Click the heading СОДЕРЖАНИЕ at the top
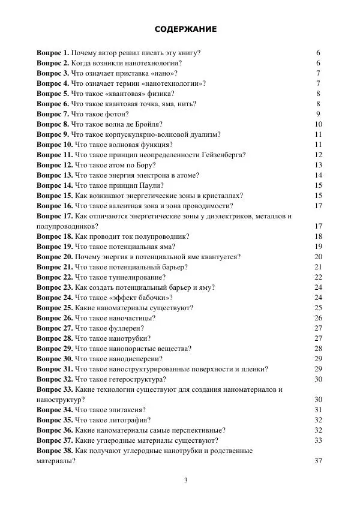point(185,29)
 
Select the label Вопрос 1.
point(53,53)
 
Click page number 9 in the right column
point(318,114)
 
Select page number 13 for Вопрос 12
point(318,165)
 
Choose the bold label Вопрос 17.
point(55,216)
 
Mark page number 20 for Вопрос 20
point(318,257)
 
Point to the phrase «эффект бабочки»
point(139,298)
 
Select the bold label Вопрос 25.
point(55,308)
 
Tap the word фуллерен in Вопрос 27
point(125,328)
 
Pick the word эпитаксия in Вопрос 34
point(124,410)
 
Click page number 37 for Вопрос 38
point(318,461)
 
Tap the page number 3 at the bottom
point(185,480)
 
